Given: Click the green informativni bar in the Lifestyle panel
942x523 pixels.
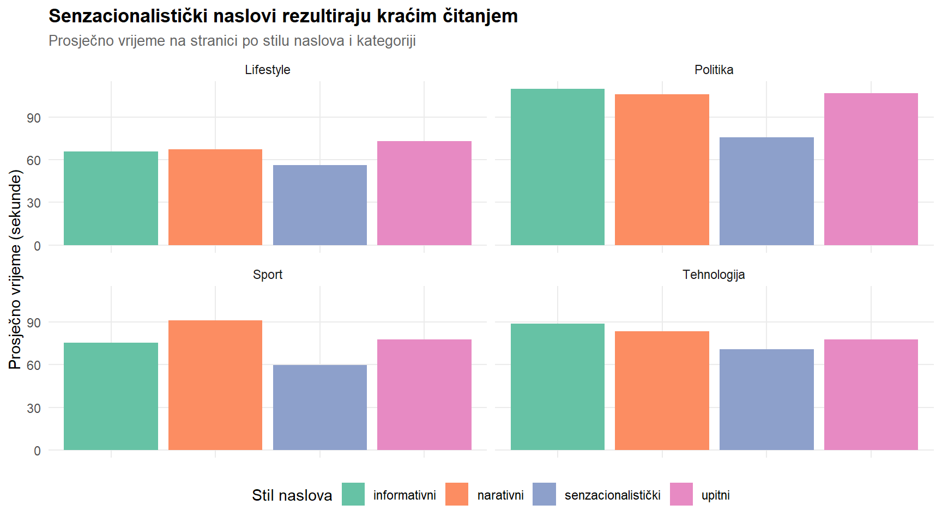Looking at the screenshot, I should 111,198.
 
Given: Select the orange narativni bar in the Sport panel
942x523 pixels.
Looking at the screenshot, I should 215,385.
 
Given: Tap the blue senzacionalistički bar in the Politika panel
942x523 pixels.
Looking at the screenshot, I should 766,191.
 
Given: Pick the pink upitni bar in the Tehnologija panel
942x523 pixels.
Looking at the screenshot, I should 871,395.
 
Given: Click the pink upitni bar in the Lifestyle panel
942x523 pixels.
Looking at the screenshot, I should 424,193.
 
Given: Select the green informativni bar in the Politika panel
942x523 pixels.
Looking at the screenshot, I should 558,167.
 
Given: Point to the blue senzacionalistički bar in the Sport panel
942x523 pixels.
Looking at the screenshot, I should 320,408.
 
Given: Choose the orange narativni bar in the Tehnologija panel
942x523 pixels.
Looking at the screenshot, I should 662,391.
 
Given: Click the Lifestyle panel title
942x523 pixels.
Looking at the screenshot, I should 267,70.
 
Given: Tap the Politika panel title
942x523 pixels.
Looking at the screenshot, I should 714,70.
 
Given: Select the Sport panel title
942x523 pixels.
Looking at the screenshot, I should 267,275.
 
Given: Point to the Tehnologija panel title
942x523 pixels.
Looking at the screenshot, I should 714,275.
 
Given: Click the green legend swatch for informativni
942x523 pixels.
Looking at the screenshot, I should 353,494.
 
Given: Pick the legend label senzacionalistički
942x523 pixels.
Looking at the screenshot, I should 612,495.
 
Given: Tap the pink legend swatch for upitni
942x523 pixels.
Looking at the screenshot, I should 681,494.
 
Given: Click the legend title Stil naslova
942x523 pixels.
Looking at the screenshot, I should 292,495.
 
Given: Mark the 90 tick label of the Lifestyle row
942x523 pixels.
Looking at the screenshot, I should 34,118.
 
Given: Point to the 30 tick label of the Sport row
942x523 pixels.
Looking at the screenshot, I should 34,408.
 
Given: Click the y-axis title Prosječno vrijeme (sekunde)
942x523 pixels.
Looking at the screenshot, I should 15,270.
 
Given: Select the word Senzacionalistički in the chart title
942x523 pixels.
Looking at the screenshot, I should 128,16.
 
